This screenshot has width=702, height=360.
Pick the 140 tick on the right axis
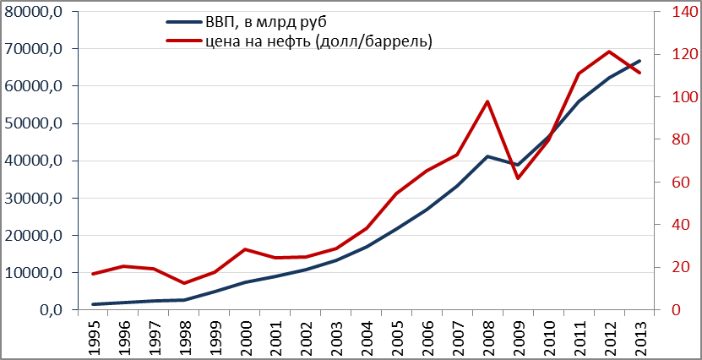pos(672,12)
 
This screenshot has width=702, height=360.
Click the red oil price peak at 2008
pos(487,101)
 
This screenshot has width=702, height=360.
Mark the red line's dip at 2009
pos(518,177)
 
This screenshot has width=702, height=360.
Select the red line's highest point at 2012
pos(609,52)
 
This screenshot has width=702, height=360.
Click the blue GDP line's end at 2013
pos(639,61)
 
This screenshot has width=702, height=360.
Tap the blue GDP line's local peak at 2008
pos(487,156)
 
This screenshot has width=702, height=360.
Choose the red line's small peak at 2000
pos(245,249)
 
